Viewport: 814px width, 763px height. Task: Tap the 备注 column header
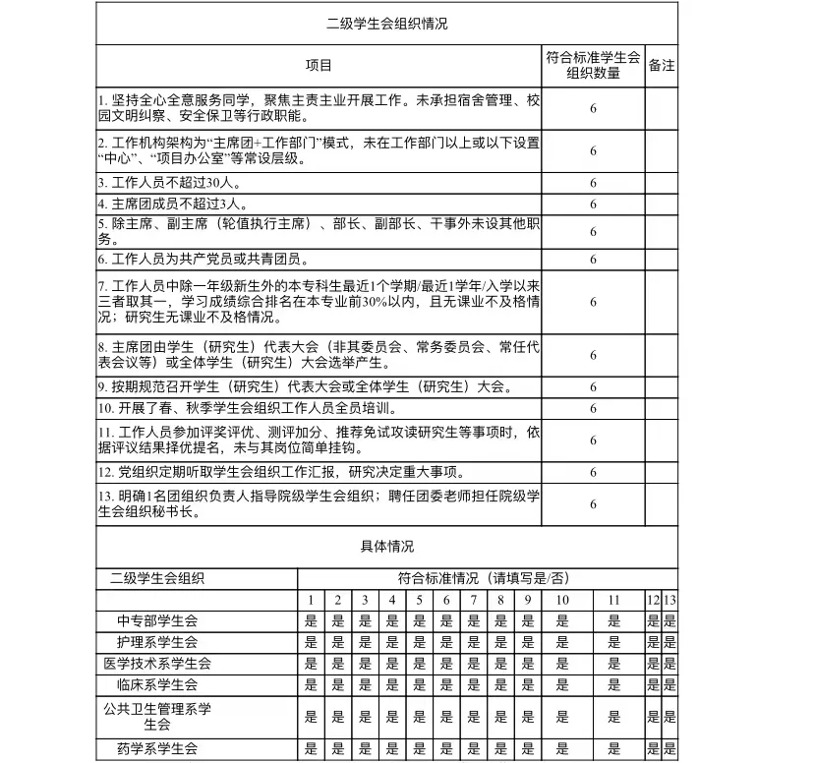[x=662, y=66]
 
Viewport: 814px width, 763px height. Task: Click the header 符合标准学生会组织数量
[x=593, y=66]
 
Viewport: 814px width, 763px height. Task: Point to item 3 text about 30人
[x=168, y=183]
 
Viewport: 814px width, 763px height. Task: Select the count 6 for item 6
[x=593, y=260]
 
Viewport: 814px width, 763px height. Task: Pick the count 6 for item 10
[x=593, y=408]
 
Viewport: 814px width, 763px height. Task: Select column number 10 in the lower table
[x=561, y=600]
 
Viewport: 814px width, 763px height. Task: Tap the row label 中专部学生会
[x=157, y=620]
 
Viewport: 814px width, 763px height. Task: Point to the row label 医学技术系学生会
[x=157, y=664]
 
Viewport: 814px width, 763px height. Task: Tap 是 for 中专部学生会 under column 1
[x=311, y=620]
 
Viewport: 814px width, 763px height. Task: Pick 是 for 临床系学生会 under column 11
[x=614, y=684]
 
